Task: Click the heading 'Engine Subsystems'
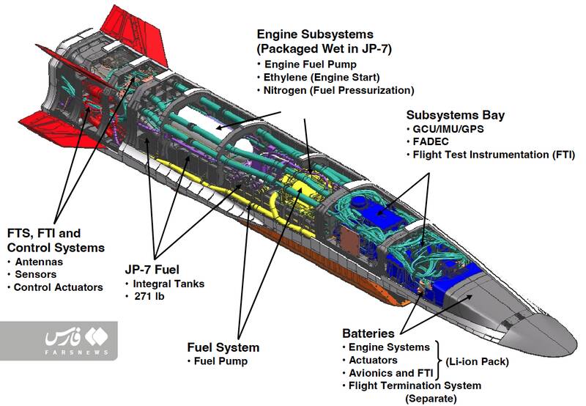(x=315, y=34)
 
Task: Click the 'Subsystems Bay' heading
(x=455, y=115)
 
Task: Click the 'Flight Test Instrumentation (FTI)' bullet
(x=493, y=155)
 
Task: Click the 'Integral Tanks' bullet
(x=168, y=283)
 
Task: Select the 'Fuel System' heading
(x=223, y=347)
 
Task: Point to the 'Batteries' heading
(x=368, y=333)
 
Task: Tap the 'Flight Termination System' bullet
(x=415, y=385)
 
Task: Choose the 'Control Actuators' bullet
(x=58, y=287)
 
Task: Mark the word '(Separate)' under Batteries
(x=430, y=398)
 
